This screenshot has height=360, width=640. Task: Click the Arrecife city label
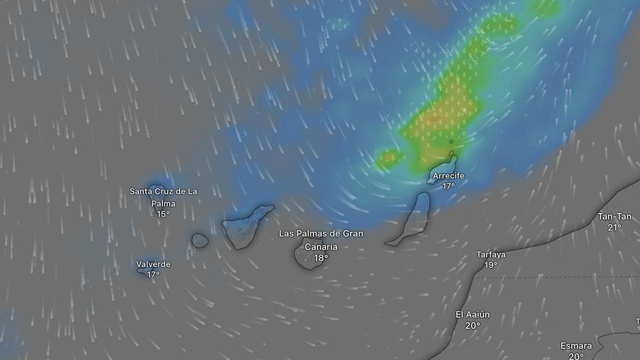pyautogui.click(x=448, y=176)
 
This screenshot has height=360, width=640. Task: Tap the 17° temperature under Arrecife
pyautogui.click(x=448, y=186)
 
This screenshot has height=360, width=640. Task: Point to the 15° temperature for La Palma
pyautogui.click(x=163, y=214)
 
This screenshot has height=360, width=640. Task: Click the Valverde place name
pyautogui.click(x=153, y=264)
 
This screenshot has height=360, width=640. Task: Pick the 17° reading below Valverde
pyautogui.click(x=153, y=274)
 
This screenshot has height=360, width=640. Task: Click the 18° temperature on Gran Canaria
pyautogui.click(x=321, y=257)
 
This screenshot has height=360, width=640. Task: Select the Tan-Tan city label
pyautogui.click(x=615, y=217)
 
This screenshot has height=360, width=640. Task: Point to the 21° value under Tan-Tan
pyautogui.click(x=615, y=227)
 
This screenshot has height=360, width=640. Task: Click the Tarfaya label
pyautogui.click(x=491, y=255)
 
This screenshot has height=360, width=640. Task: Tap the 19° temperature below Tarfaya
pyautogui.click(x=491, y=265)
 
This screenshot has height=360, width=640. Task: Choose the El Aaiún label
pyautogui.click(x=473, y=314)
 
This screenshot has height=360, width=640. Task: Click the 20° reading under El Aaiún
pyautogui.click(x=473, y=325)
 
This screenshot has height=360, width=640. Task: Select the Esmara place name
pyautogui.click(x=576, y=345)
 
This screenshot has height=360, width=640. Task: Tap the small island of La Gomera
pyautogui.click(x=200, y=240)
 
